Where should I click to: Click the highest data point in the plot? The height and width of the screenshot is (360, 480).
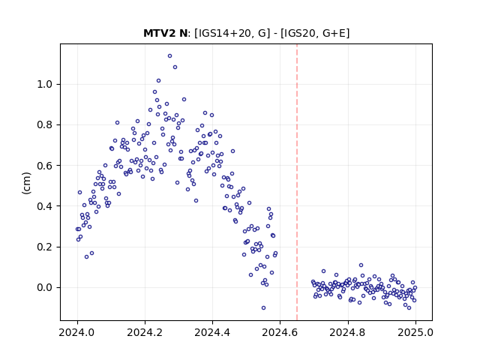pyautogui.click(x=169, y=56)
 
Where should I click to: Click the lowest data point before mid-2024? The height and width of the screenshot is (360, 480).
pyautogui.click(x=87, y=256)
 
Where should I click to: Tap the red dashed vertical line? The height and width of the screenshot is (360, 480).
pyautogui.click(x=297, y=182)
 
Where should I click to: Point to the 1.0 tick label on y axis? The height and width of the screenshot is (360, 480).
pyautogui.click(x=45, y=84)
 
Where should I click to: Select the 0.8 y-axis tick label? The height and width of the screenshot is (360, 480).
pyautogui.click(x=45, y=125)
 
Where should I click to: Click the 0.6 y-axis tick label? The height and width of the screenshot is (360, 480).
pyautogui.click(x=45, y=166)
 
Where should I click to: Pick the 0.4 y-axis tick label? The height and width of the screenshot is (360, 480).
pyautogui.click(x=45, y=206)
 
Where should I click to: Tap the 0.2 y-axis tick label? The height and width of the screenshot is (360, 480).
pyautogui.click(x=45, y=247)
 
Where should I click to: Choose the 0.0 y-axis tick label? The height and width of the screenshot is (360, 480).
pyautogui.click(x=45, y=288)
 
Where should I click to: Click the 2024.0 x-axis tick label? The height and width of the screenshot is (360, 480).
pyautogui.click(x=77, y=332)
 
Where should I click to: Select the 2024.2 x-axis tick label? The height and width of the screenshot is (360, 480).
pyautogui.click(x=145, y=332)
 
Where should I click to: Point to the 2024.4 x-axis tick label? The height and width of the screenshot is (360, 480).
pyautogui.click(x=212, y=332)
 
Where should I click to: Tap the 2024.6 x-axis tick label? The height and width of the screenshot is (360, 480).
pyautogui.click(x=280, y=332)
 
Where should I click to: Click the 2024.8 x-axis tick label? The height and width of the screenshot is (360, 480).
pyautogui.click(x=348, y=332)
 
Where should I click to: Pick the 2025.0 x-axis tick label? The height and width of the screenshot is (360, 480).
pyautogui.click(x=415, y=332)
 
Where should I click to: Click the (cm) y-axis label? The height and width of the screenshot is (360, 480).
pyautogui.click(x=27, y=183)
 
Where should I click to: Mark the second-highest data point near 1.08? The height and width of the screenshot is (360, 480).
pyautogui.click(x=175, y=67)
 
